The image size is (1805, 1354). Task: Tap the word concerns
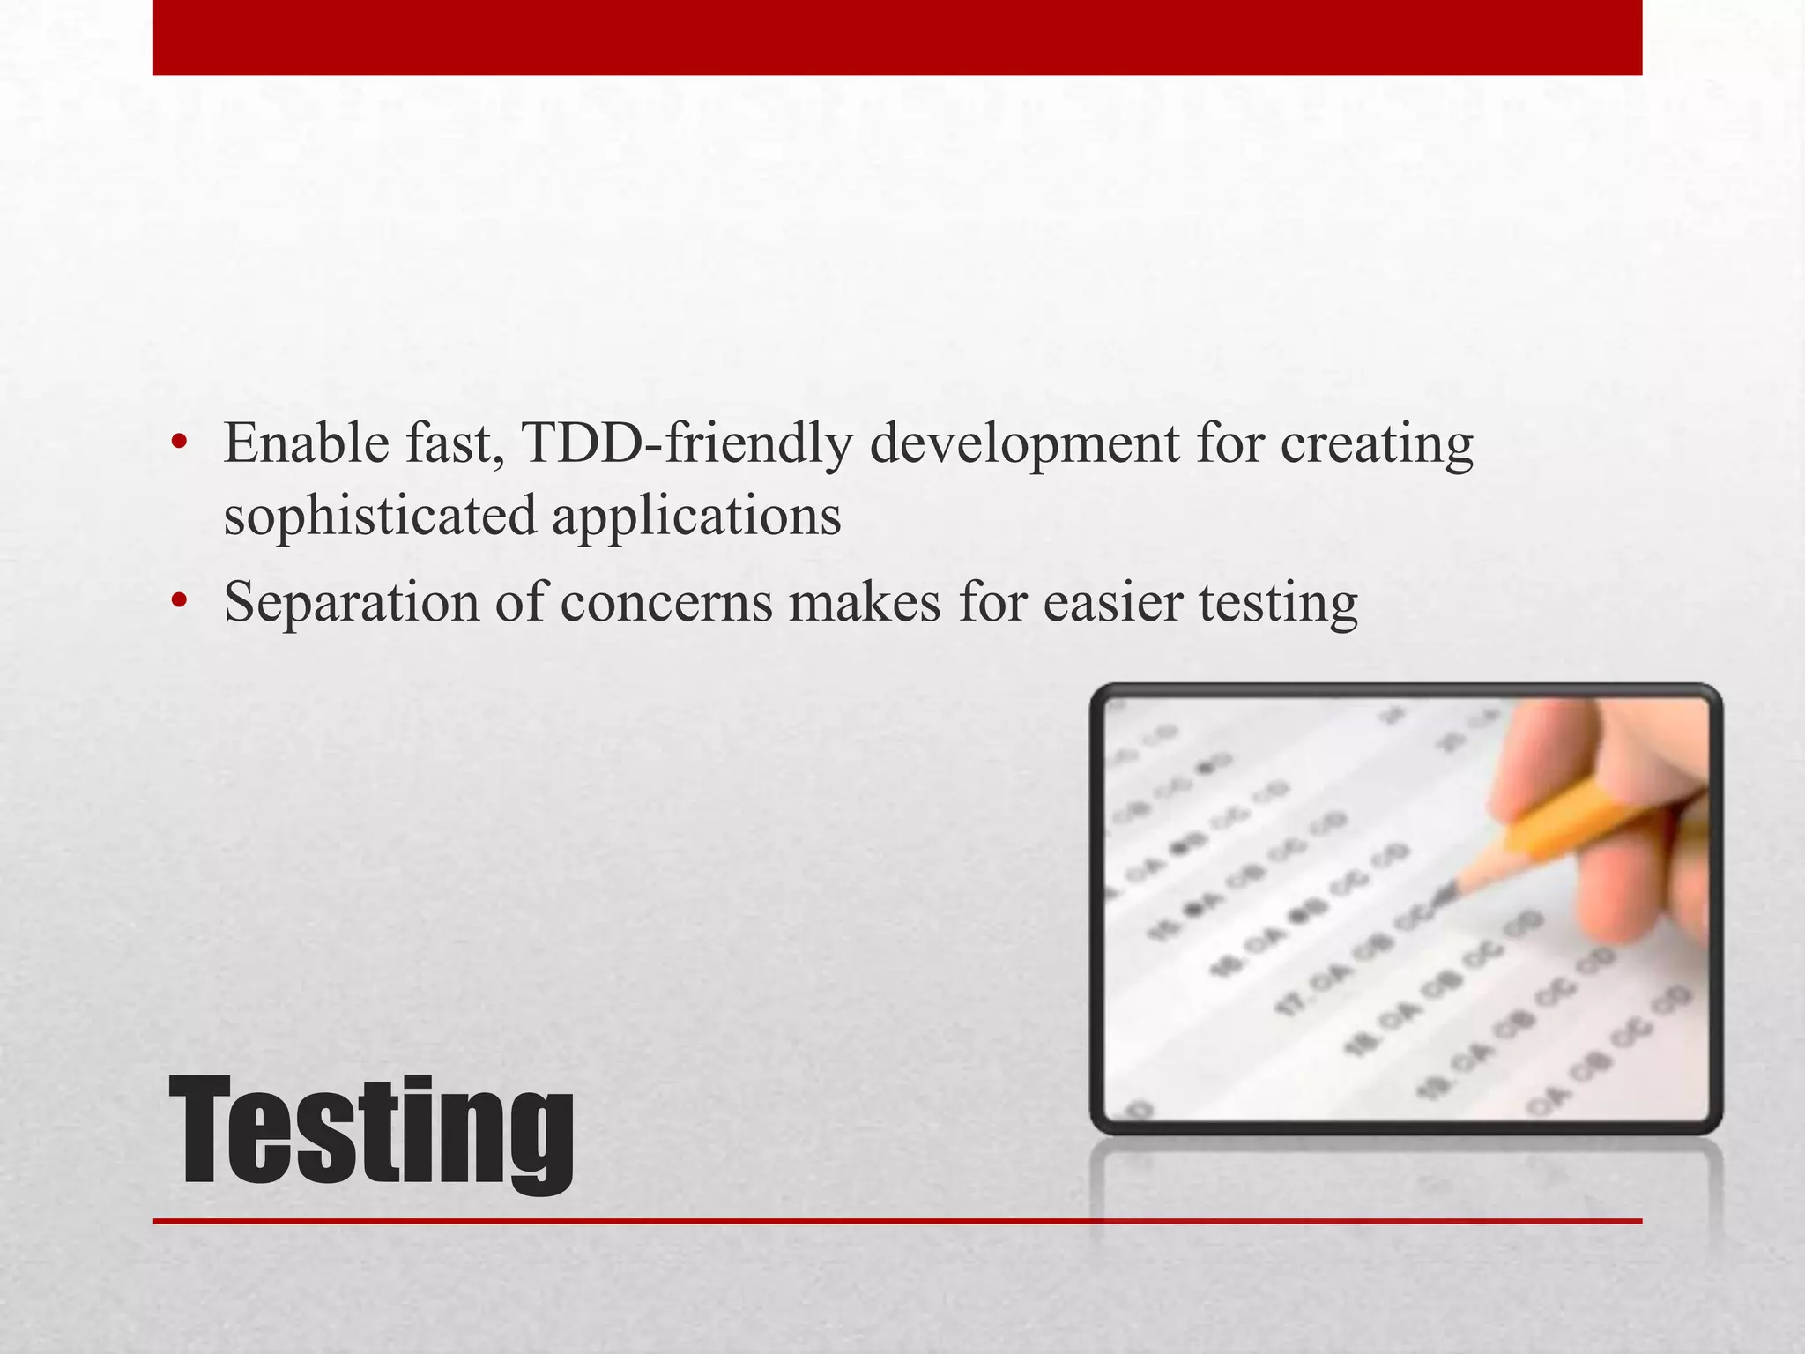pyautogui.click(x=665, y=604)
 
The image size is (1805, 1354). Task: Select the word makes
pyautogui.click(x=864, y=604)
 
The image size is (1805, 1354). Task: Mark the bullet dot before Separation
pyautogui.click(x=180, y=600)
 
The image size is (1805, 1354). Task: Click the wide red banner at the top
pyautogui.click(x=897, y=37)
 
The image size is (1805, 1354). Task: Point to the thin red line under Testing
pyautogui.click(x=897, y=1221)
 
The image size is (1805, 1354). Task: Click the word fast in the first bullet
pyautogui.click(x=454, y=443)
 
